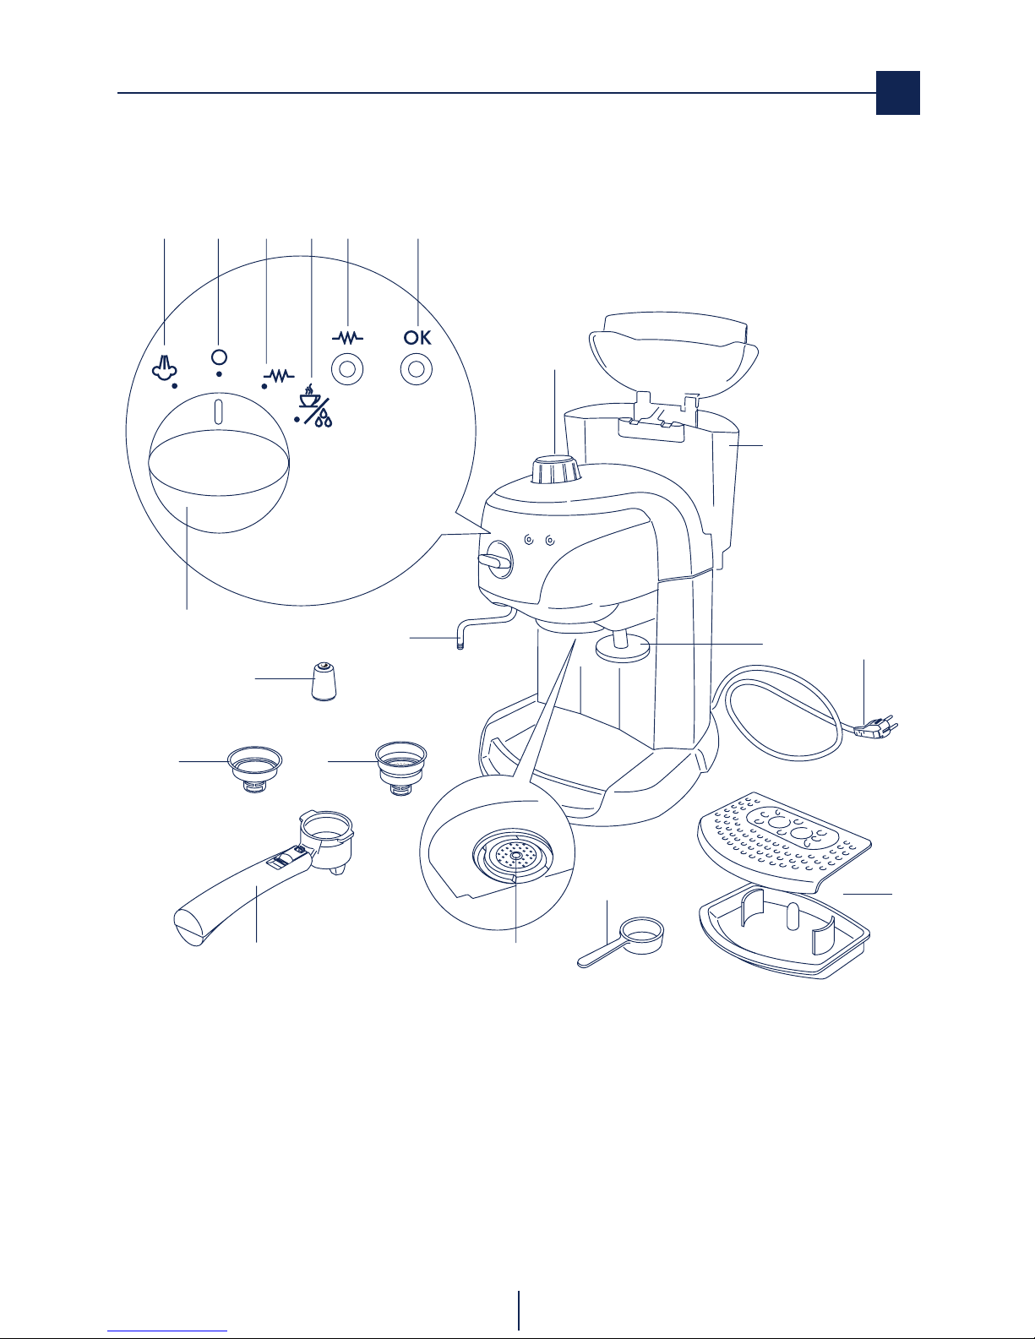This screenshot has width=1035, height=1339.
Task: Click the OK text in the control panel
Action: [x=417, y=337]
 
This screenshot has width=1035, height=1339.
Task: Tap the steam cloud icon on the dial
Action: [x=164, y=367]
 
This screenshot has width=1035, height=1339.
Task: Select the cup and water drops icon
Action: [x=316, y=406]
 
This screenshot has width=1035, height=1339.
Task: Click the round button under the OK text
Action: [x=416, y=370]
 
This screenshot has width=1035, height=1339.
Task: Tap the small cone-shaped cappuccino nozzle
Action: [x=324, y=681]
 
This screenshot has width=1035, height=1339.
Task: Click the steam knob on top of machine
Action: [x=556, y=471]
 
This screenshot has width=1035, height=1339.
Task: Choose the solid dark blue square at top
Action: [x=897, y=92]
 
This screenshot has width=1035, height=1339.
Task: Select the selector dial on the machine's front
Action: [x=497, y=559]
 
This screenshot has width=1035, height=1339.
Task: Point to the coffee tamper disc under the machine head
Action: [x=622, y=647]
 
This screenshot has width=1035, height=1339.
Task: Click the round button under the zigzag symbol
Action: [x=347, y=370]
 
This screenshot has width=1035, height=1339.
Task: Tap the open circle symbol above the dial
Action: [x=219, y=357]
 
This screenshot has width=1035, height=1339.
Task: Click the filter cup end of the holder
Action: [x=326, y=839]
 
